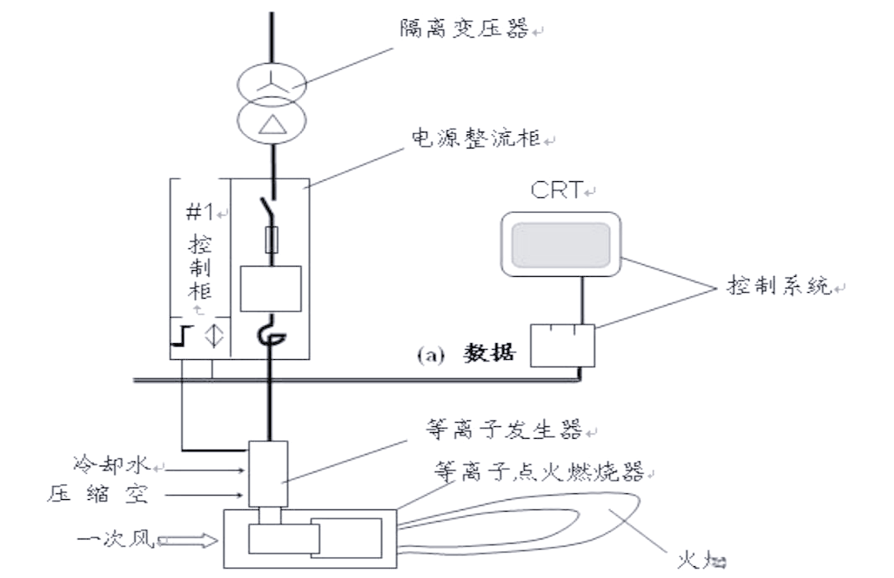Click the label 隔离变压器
(x=465, y=30)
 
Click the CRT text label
(x=555, y=190)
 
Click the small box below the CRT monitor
(x=561, y=345)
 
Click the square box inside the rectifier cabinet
(x=270, y=290)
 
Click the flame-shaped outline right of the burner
(x=537, y=524)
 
